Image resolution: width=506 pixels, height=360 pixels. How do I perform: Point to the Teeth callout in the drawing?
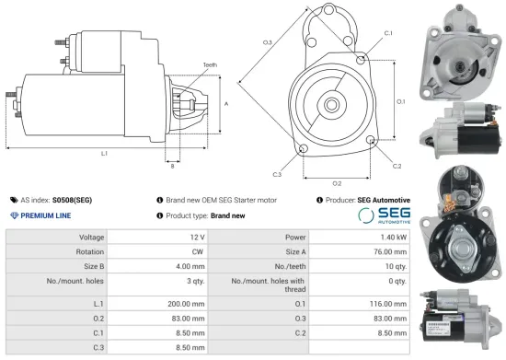(x=211, y=64)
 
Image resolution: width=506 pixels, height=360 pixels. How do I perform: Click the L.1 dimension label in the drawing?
(x=103, y=153)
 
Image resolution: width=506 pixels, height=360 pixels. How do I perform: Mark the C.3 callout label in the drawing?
(x=277, y=173)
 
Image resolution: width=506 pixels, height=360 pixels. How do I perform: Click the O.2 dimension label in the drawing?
(x=337, y=183)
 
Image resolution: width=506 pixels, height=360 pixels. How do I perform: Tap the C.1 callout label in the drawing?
(x=388, y=33)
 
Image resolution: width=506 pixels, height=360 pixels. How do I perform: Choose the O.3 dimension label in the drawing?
(x=267, y=42)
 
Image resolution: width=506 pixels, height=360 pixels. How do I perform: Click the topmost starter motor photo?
(x=457, y=51)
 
